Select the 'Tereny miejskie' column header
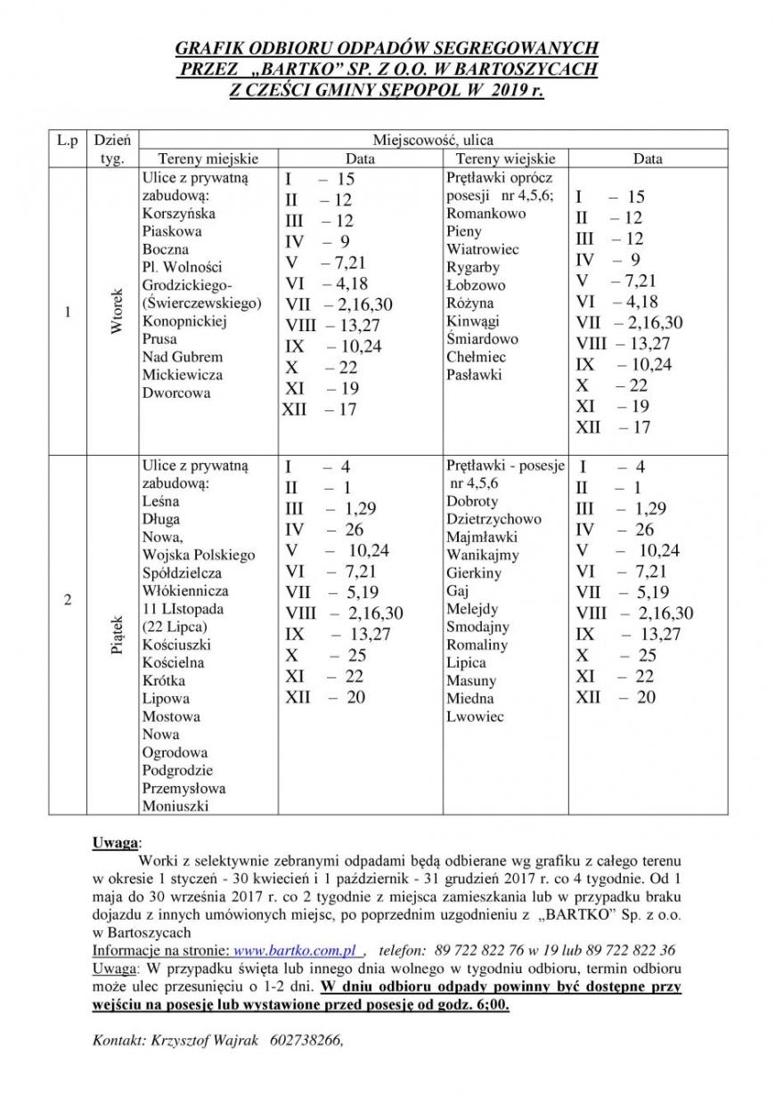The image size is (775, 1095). pos(208,158)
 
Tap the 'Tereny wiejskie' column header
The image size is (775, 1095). pos(505,158)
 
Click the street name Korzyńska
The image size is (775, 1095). pos(178,214)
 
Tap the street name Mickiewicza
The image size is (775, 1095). pos(183,375)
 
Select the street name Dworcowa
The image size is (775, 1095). pos(176,393)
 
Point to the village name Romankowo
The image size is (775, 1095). pos(486,214)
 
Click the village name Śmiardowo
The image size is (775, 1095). pos(483,339)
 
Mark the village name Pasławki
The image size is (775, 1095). pos(475,375)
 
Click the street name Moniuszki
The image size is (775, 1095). pos(175,806)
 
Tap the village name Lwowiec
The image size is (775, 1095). pos(475,716)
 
